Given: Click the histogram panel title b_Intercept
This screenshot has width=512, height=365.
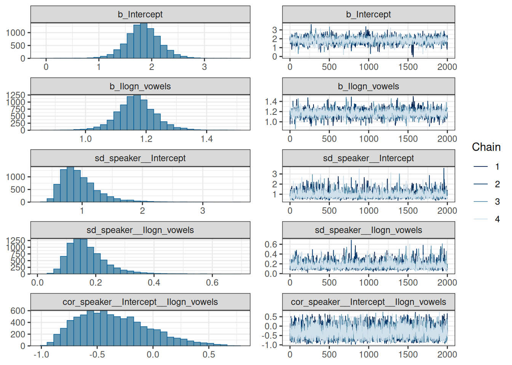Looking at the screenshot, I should [140, 14].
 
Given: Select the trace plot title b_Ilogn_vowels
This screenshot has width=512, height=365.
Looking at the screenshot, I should [368, 86].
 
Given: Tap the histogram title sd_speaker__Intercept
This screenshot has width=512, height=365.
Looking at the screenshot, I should [140, 158].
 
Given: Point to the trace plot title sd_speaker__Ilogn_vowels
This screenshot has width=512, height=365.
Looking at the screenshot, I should [368, 230].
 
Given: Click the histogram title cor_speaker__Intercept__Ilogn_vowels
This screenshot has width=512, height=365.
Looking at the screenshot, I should [140, 302].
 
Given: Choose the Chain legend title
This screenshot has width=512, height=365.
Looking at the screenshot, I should [486, 147].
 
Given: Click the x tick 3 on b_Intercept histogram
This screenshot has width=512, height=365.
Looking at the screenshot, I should [204, 67].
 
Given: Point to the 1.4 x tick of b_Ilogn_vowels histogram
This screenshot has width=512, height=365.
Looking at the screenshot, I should [206, 139].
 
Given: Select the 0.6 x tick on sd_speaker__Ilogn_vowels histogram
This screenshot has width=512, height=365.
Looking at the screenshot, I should [212, 282].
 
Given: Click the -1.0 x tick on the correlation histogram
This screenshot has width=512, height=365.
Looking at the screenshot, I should [41, 354].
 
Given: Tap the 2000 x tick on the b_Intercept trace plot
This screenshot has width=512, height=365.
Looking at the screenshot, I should [447, 67].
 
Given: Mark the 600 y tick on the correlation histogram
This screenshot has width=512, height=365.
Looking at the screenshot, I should [18, 311].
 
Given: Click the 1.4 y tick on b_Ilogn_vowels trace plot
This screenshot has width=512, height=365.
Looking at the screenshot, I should [271, 102].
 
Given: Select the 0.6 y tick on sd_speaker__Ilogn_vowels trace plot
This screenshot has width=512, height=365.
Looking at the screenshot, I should [271, 244].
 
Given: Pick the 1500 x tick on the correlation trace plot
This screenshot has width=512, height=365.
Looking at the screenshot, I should [408, 354].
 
